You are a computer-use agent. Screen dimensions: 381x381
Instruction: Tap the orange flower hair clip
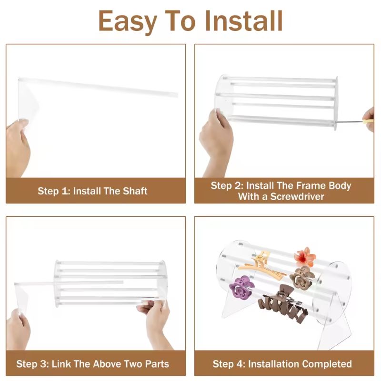[x=305, y=257]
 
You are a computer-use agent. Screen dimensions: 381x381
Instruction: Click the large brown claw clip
[x=282, y=304]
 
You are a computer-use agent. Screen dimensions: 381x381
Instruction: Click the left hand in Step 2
[x=215, y=136]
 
